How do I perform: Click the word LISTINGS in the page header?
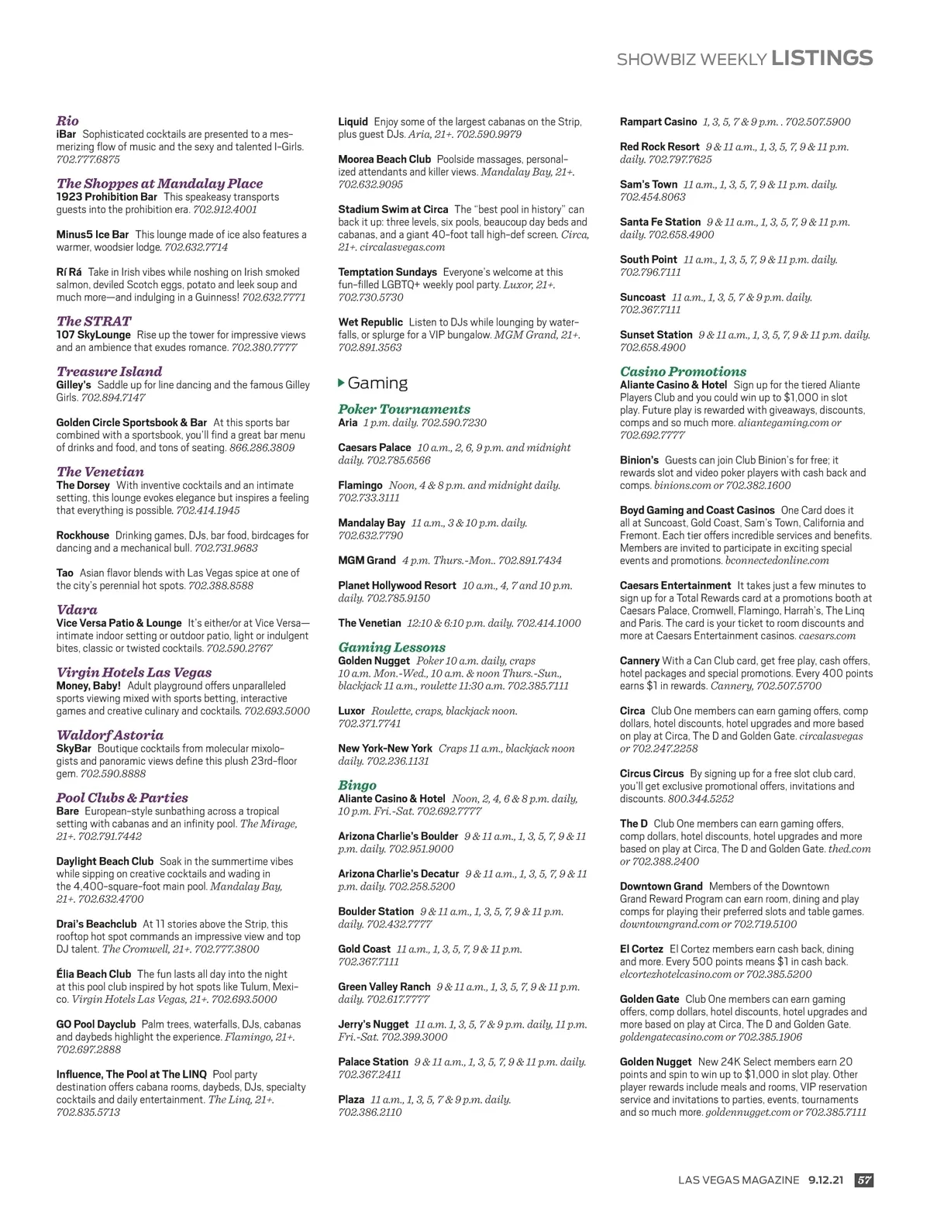[822, 58]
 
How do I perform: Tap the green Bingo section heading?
[357, 785]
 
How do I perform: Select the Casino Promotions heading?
[683, 371]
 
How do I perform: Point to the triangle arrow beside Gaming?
[342, 383]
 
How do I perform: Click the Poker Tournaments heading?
[404, 409]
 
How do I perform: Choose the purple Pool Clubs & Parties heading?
[122, 797]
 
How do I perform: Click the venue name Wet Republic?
[370, 322]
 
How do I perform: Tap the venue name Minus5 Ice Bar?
[92, 234]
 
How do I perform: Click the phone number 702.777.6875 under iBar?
[88, 160]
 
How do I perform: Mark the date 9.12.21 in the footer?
[825, 1180]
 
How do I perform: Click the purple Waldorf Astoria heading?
[110, 735]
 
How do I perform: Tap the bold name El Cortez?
[642, 949]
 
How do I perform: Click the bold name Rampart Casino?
[658, 122]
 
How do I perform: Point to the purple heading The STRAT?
[94, 321]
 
